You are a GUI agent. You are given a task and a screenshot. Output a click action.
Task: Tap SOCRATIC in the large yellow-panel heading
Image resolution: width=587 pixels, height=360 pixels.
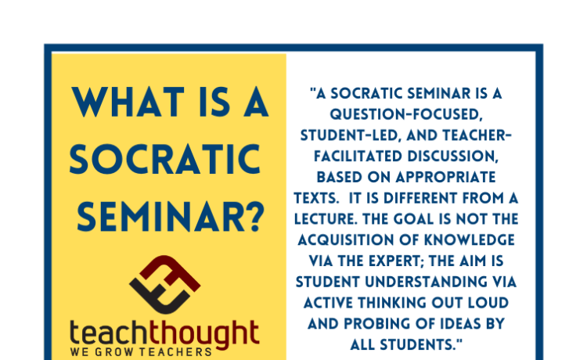pyautogui.click(x=165, y=160)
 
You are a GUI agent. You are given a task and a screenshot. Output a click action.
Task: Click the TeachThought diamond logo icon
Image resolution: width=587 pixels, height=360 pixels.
pyautogui.click(x=164, y=284)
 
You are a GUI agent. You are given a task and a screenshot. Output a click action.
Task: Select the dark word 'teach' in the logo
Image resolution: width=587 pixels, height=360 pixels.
pyautogui.click(x=110, y=333)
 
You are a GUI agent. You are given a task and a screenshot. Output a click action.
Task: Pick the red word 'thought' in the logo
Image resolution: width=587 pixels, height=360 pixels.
pyautogui.click(x=204, y=335)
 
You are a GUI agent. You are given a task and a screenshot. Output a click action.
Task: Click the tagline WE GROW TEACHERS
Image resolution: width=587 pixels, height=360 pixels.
pyautogui.click(x=141, y=352)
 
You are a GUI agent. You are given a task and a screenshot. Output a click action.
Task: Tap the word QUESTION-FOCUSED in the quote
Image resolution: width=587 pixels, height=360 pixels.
pyautogui.click(x=406, y=114)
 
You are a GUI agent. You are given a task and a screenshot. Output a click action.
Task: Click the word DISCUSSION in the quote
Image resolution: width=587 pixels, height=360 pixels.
pyautogui.click(x=453, y=157)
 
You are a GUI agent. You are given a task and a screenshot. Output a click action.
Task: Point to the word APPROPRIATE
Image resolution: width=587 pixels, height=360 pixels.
pyautogui.click(x=445, y=177)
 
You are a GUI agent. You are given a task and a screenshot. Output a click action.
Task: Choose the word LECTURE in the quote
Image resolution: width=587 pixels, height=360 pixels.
pyautogui.click(x=326, y=219)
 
